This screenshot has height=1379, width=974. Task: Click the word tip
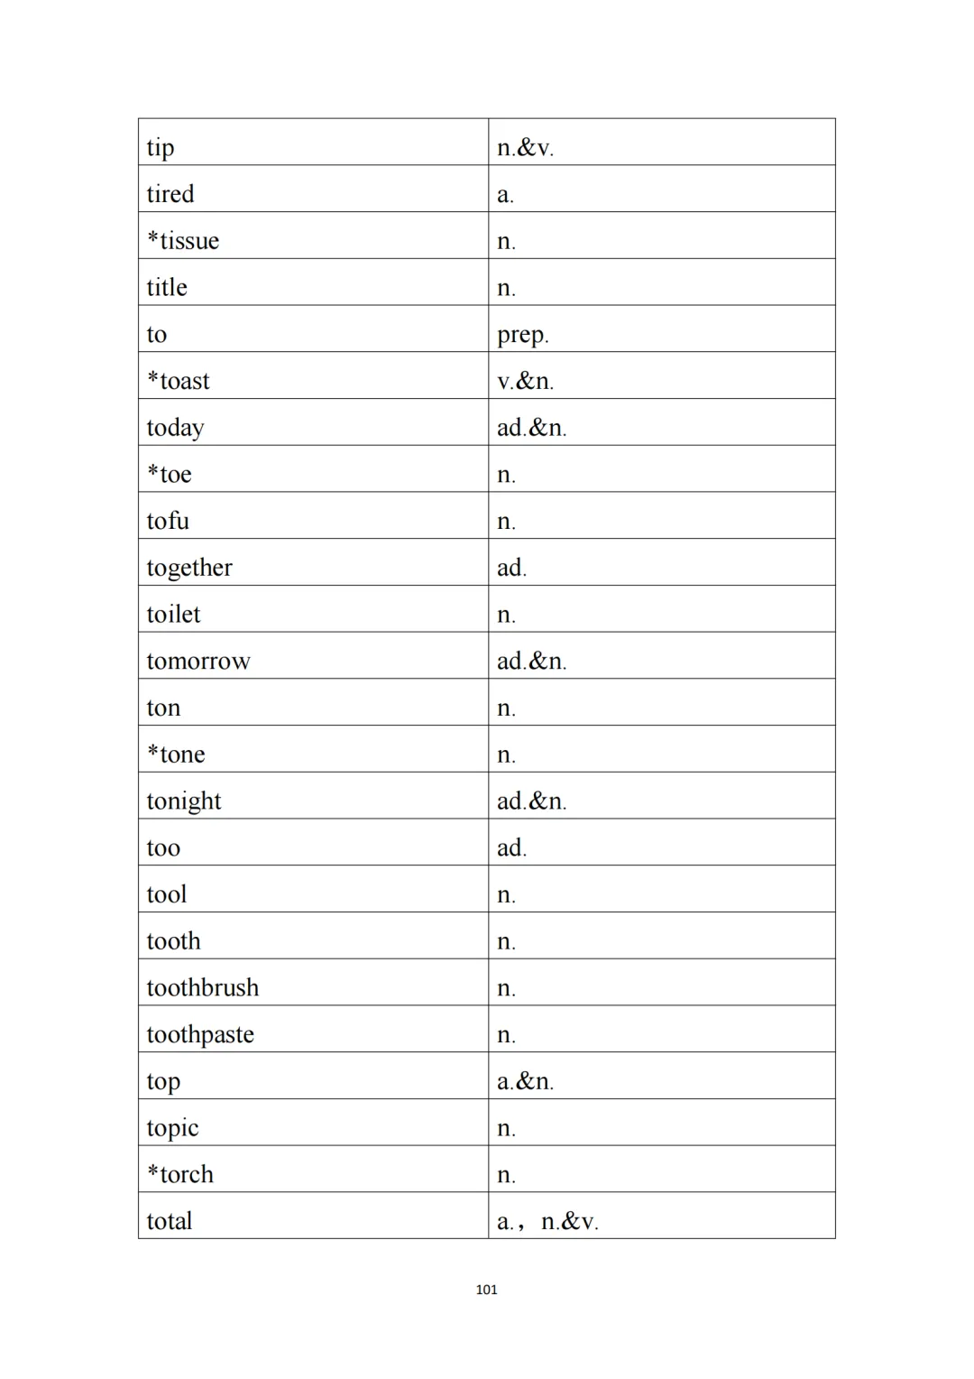pos(161,148)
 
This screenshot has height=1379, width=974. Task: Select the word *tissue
pos(183,241)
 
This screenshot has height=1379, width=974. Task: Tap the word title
pos(167,288)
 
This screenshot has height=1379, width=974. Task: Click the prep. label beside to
pos(522,335)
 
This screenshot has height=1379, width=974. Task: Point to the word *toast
pos(179,381)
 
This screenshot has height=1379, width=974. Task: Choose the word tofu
pos(168,521)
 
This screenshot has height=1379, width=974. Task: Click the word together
pos(189,568)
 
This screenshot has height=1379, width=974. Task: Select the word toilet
pos(173,615)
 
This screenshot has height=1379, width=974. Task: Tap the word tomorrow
pos(198,662)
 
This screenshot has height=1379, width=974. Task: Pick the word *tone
pos(177,754)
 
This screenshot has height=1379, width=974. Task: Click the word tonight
pos(184,801)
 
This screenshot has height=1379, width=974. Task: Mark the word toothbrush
pos(203,988)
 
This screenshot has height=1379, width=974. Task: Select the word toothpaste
pos(200,1034)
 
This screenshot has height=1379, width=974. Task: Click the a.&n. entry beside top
pos(525,1081)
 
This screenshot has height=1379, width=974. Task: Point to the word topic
pos(172,1128)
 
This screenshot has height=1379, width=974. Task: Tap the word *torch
pos(180,1174)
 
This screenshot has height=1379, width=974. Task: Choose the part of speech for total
pos(547,1222)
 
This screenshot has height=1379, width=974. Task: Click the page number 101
pos(486,1290)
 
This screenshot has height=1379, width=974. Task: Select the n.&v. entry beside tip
pos(525,148)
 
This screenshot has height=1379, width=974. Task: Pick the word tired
pos(170,194)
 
